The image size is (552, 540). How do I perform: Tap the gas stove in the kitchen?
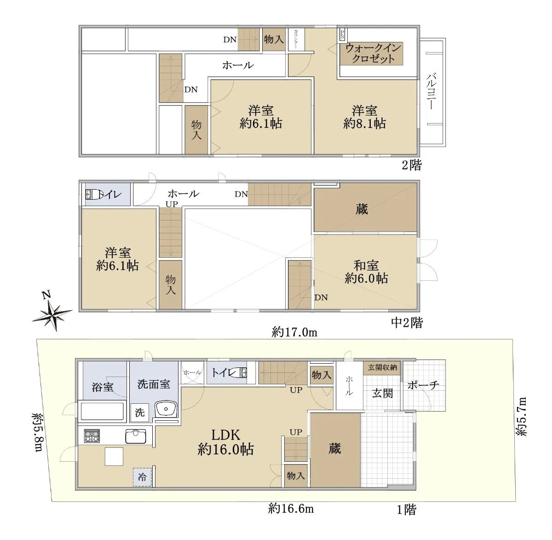point(92,436)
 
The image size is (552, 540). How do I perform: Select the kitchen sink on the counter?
point(136,436)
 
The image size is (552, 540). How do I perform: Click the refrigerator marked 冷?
point(143,477)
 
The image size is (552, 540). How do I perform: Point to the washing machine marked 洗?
point(139,412)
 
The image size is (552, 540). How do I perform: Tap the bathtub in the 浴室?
point(102,411)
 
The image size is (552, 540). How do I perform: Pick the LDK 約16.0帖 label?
point(225,442)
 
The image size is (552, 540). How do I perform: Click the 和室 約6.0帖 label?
point(366,272)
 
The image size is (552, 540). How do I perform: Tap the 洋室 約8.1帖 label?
point(364,117)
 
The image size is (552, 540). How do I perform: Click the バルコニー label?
point(432,91)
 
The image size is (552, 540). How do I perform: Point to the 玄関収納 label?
point(382,367)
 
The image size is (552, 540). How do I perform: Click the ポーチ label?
point(423,385)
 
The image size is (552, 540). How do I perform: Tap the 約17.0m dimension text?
point(294,331)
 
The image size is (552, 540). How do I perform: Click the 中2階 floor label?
point(407,323)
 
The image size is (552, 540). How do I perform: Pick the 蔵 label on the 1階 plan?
point(335,449)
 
